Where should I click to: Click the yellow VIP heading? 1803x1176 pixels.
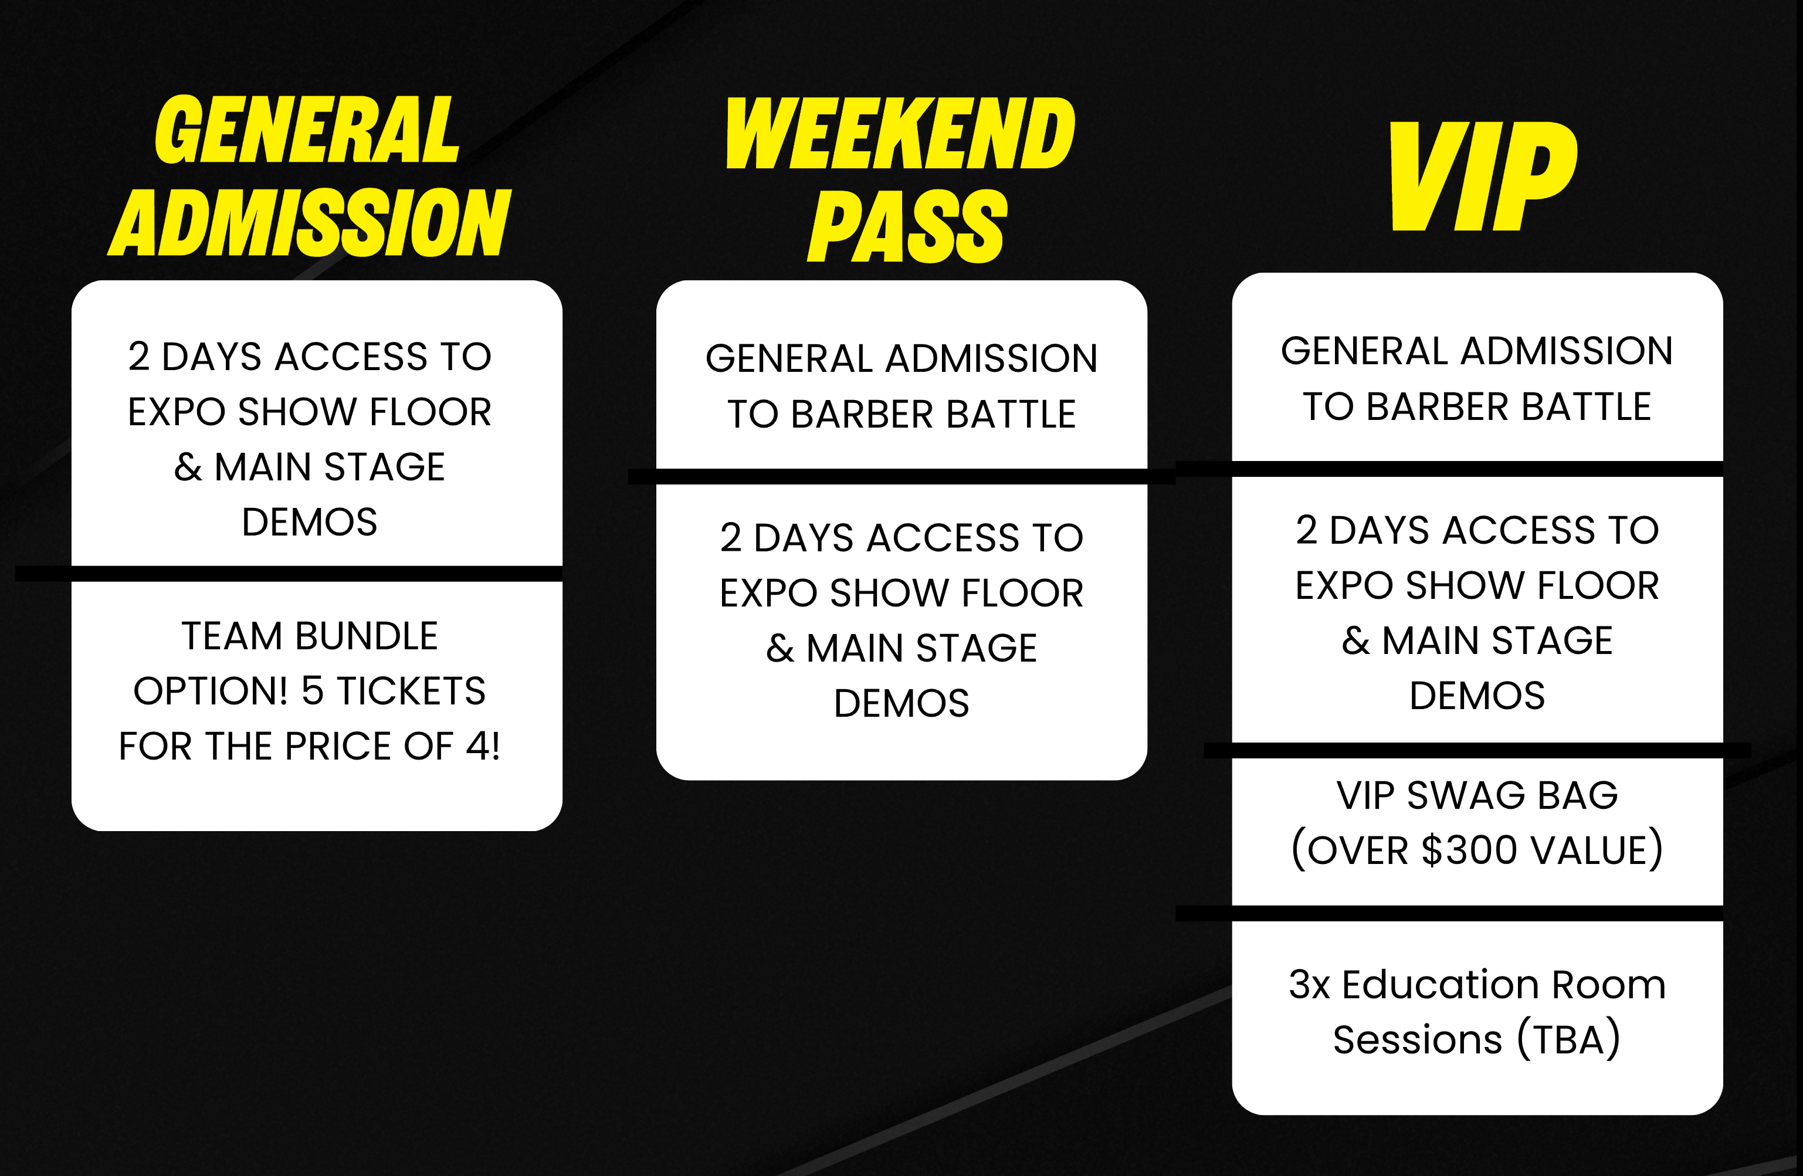pyautogui.click(x=1483, y=177)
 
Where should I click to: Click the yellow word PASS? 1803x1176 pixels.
pyautogui.click(x=907, y=226)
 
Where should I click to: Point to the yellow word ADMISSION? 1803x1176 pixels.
pyautogui.click(x=310, y=222)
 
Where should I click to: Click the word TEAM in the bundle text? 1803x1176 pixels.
pyautogui.click(x=231, y=636)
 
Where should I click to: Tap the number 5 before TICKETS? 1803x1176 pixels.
pyautogui.click(x=312, y=691)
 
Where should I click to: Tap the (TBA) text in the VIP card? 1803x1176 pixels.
pyautogui.click(x=1568, y=1039)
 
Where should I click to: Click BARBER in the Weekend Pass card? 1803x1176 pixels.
pyautogui.click(x=862, y=415)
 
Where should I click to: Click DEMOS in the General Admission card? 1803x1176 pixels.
pyautogui.click(x=310, y=522)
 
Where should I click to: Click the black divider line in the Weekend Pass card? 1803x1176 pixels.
pyautogui.click(x=902, y=476)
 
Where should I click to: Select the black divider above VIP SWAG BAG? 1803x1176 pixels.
pyautogui.click(x=1477, y=750)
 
